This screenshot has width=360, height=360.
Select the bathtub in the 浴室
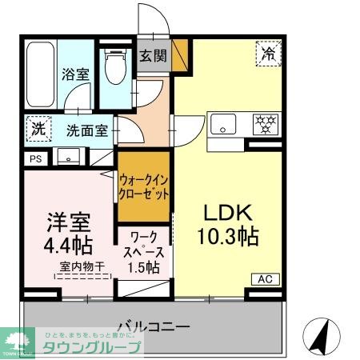click(39, 71)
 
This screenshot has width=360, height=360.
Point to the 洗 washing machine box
click(38, 128)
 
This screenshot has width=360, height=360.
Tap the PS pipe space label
click(34, 158)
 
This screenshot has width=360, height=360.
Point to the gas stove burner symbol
click(264, 124)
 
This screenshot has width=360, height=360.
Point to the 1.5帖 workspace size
click(144, 266)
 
